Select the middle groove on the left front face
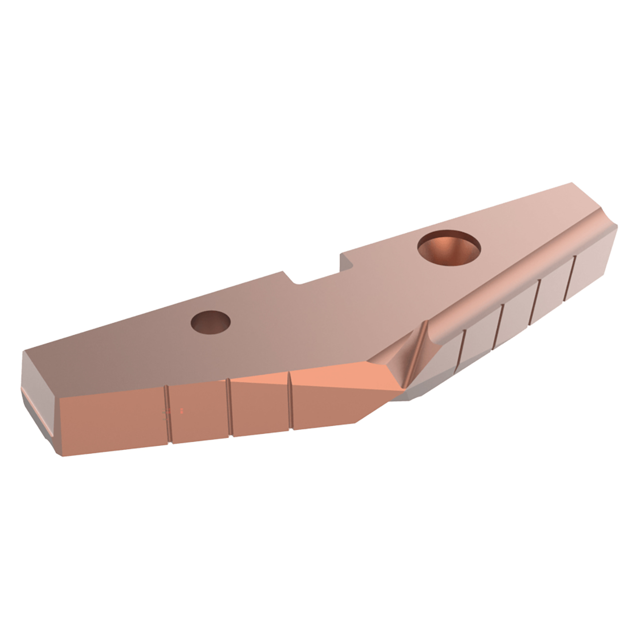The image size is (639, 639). pyautogui.click(x=229, y=407)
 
